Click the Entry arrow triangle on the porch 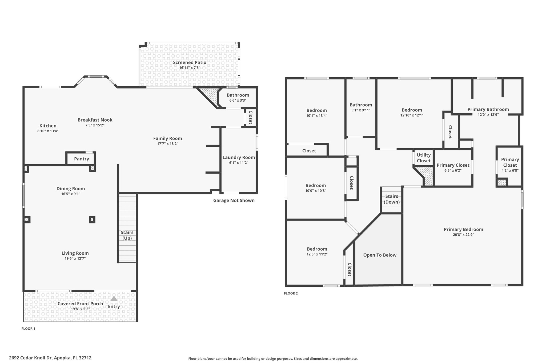click(114, 298)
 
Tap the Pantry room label click(82, 159)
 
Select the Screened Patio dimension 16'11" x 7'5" click(190, 68)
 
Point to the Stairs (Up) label click(127, 235)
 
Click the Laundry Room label click(239, 157)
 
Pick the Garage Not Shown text click(234, 200)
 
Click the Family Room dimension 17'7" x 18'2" click(168, 144)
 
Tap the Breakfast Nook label click(95, 120)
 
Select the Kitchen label click(48, 126)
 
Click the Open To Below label click(380, 255)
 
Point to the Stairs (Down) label click(392, 199)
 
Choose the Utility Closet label click(424, 158)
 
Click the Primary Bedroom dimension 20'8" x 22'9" click(463, 235)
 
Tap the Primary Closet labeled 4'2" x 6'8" click(510, 165)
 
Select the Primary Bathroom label click(488, 109)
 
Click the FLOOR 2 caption click(291, 293)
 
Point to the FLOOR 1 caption click(28, 329)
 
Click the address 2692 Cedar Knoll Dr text click(31, 358)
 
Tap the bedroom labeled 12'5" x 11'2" click(317, 251)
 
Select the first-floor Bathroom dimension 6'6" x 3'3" click(238, 101)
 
